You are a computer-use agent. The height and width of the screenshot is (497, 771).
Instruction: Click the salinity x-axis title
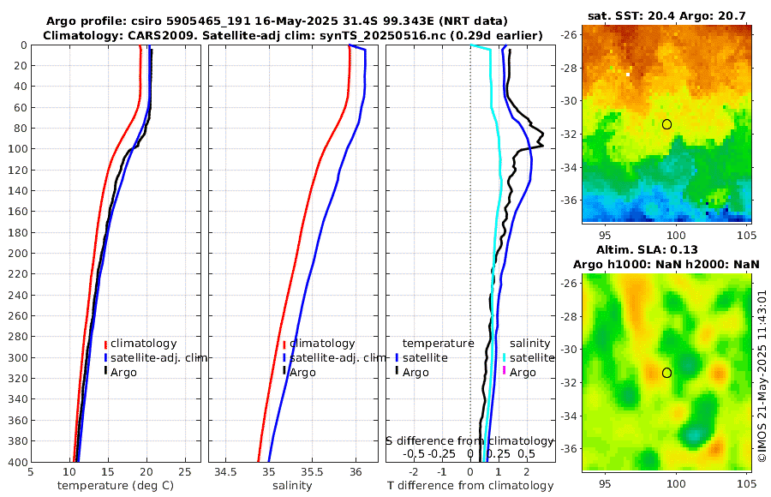(291, 486)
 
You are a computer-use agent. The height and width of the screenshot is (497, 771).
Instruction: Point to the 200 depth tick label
(15, 254)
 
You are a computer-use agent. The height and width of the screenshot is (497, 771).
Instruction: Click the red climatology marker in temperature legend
(105, 344)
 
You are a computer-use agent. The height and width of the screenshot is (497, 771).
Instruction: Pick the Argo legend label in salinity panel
(302, 372)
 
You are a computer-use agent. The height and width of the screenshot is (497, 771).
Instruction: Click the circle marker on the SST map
(666, 124)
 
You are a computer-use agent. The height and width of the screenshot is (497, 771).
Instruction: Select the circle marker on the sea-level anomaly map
(666, 373)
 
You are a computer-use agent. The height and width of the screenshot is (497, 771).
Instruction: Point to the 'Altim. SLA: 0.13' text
(666, 249)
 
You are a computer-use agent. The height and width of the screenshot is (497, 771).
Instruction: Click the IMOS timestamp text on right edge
(762, 377)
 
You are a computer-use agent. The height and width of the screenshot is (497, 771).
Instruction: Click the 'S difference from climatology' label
(469, 440)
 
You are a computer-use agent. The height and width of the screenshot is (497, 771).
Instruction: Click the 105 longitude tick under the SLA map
(744, 482)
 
